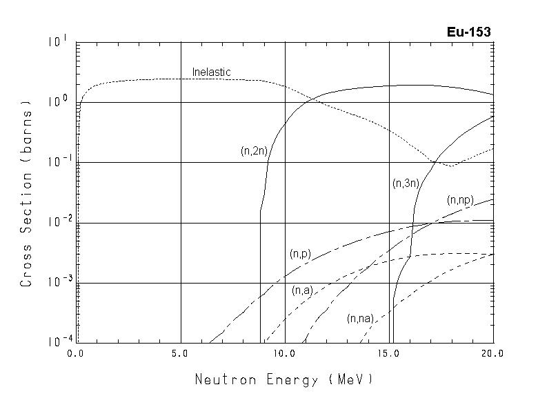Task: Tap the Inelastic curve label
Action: (211, 72)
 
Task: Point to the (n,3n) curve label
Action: (406, 183)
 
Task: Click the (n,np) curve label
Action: (460, 200)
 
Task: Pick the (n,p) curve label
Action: (300, 254)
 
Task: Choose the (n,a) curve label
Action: (303, 290)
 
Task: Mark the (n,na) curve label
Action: (360, 318)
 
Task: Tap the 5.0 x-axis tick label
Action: (180, 353)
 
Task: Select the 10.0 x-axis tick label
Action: (284, 353)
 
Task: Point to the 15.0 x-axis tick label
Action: (389, 353)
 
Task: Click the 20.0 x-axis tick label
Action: (492, 353)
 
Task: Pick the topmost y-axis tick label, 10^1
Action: (58, 41)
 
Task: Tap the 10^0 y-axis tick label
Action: (58, 101)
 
